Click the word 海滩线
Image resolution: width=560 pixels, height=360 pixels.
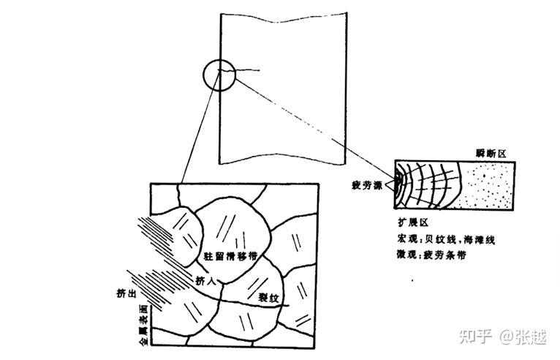point(486,239)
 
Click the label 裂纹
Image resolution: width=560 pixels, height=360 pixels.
point(269,298)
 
